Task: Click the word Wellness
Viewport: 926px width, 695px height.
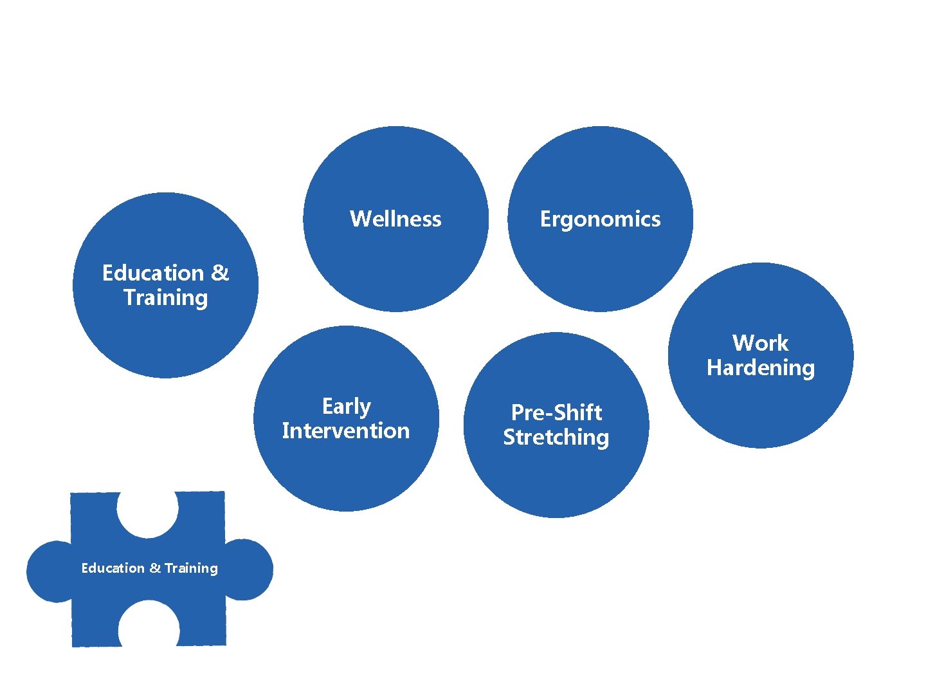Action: pyautogui.click(x=395, y=219)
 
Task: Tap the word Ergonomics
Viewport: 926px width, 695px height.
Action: pyautogui.click(x=600, y=219)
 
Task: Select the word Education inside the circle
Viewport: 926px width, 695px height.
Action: pyautogui.click(x=152, y=273)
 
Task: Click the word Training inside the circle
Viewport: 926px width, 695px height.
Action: pyautogui.click(x=166, y=298)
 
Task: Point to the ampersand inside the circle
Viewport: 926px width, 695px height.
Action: pyautogui.click(x=220, y=273)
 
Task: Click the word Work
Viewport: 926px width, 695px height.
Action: pyautogui.click(x=760, y=343)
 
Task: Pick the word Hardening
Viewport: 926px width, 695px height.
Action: pyautogui.click(x=761, y=367)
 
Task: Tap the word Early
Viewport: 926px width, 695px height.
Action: pyautogui.click(x=347, y=407)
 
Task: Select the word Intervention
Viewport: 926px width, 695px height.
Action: pyautogui.click(x=346, y=431)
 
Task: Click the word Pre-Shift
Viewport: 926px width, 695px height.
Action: pyautogui.click(x=556, y=412)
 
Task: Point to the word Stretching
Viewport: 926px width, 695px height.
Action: pyautogui.click(x=556, y=437)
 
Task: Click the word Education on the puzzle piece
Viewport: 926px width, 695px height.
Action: pyautogui.click(x=113, y=568)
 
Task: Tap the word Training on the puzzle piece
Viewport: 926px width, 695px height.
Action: pyautogui.click(x=191, y=568)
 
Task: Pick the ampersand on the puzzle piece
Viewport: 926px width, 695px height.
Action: pyautogui.click(x=155, y=568)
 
